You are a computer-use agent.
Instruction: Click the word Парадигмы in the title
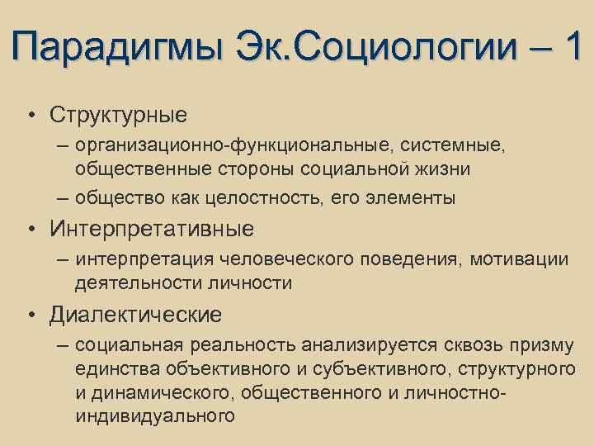click(119, 46)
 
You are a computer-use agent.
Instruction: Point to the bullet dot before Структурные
click(30, 112)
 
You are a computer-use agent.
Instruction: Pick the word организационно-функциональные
click(233, 145)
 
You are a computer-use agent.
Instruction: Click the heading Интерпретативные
click(152, 228)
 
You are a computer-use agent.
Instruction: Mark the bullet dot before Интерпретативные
click(30, 228)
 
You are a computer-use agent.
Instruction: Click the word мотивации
click(520, 260)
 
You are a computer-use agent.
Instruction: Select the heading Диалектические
click(135, 314)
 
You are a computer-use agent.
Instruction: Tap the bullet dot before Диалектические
click(30, 315)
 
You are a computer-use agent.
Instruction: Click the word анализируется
click(372, 344)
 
